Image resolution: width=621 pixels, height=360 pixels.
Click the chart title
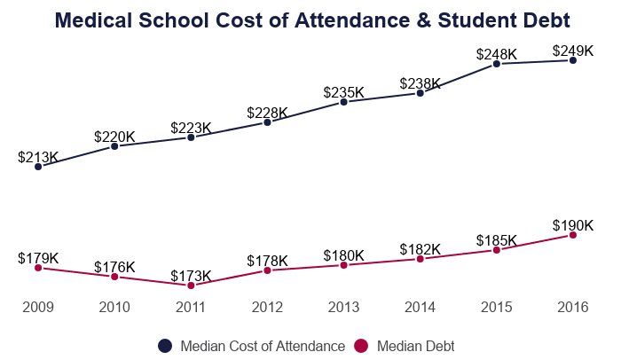(x=311, y=20)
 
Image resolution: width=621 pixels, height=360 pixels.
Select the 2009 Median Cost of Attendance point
(x=38, y=166)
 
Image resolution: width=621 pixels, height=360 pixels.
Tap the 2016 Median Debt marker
(x=573, y=235)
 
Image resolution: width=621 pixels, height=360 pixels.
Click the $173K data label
(x=191, y=276)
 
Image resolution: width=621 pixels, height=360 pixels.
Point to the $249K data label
(x=573, y=51)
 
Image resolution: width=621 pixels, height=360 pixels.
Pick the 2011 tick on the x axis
(x=191, y=307)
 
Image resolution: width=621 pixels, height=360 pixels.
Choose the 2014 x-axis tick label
(x=421, y=307)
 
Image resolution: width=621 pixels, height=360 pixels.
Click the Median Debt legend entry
(x=405, y=346)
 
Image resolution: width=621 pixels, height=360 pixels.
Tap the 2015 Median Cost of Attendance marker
(x=497, y=64)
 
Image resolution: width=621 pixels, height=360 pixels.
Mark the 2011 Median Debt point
(x=191, y=286)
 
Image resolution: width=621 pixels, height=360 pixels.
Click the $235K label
(x=343, y=92)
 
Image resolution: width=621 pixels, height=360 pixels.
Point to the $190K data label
(x=573, y=225)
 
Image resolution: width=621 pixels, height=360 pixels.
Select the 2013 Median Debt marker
(x=343, y=265)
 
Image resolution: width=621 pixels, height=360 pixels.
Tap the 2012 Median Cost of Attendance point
(x=267, y=122)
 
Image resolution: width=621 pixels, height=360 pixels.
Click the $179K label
(x=38, y=258)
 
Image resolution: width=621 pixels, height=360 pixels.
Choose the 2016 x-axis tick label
(x=573, y=307)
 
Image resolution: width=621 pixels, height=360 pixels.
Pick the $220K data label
(x=114, y=137)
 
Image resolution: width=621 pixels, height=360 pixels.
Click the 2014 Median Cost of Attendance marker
(x=421, y=93)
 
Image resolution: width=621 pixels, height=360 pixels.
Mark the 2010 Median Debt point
(x=114, y=277)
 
